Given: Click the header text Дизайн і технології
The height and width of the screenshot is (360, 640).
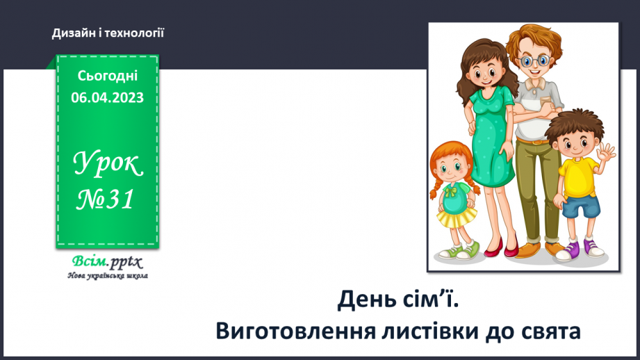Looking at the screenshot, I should point(108,33).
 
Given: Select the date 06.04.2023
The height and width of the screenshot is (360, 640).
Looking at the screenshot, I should point(107,98).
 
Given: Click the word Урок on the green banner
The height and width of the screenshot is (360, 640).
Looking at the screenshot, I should point(108,165).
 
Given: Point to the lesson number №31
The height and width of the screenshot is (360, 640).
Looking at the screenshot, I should point(106,200).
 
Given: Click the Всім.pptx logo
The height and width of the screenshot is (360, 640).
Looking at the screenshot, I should point(106,263).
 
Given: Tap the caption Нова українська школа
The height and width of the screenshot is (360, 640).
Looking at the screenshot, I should point(107,276).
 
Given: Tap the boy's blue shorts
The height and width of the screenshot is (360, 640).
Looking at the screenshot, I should point(580,206).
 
